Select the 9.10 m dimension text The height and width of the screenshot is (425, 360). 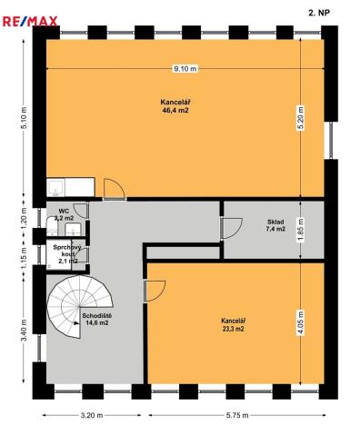(x=185, y=69)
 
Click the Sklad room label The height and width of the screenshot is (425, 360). (x=275, y=222)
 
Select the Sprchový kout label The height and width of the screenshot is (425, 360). (x=66, y=252)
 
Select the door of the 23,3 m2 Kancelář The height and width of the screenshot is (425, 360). (x=155, y=290)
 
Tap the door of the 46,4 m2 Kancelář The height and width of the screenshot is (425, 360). (x=115, y=190)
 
